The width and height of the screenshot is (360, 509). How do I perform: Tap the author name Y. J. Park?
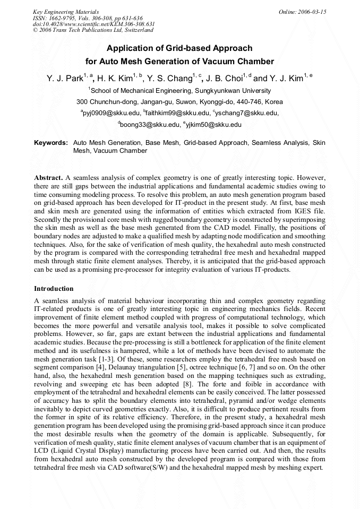(x=64, y=79)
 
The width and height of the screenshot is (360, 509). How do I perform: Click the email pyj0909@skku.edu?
(x=112, y=113)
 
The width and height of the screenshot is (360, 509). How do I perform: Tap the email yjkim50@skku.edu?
(x=214, y=125)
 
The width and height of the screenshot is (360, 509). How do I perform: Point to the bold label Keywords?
(x=51, y=143)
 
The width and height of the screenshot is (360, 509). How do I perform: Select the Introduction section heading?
(x=54, y=289)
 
